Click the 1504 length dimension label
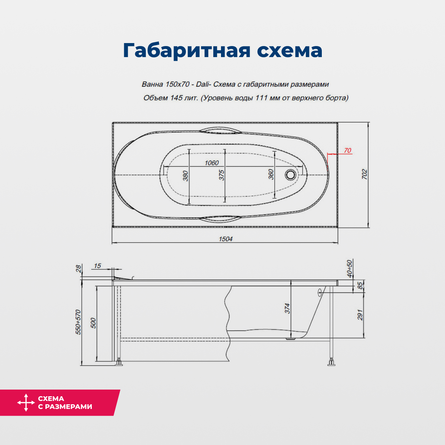(x=226, y=239)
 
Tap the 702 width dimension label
(x=365, y=174)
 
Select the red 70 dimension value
(x=348, y=151)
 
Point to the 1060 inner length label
(x=212, y=163)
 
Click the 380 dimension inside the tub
(x=186, y=176)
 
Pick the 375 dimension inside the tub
(x=222, y=175)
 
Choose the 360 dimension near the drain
(x=271, y=174)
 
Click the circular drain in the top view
(x=290, y=174)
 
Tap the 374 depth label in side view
(x=287, y=308)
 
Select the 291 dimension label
(x=360, y=315)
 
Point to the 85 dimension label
(x=360, y=286)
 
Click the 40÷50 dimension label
(x=349, y=269)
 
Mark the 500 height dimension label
(x=93, y=323)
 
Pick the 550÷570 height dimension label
(x=78, y=322)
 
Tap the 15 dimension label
(x=97, y=266)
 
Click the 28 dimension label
(x=78, y=268)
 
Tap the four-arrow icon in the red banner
(x=26, y=403)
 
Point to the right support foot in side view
(x=331, y=363)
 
